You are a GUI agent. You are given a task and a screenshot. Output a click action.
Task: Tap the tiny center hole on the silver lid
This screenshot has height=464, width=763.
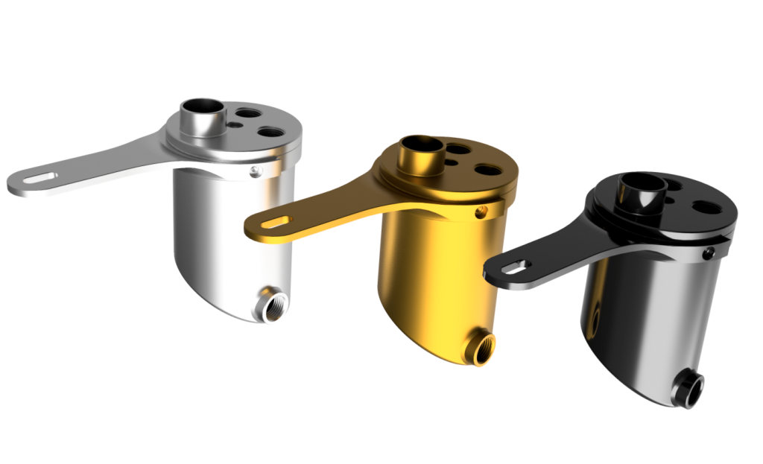click(235, 124)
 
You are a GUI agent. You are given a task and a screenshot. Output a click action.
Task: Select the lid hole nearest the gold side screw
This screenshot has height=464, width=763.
click(490, 170)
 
